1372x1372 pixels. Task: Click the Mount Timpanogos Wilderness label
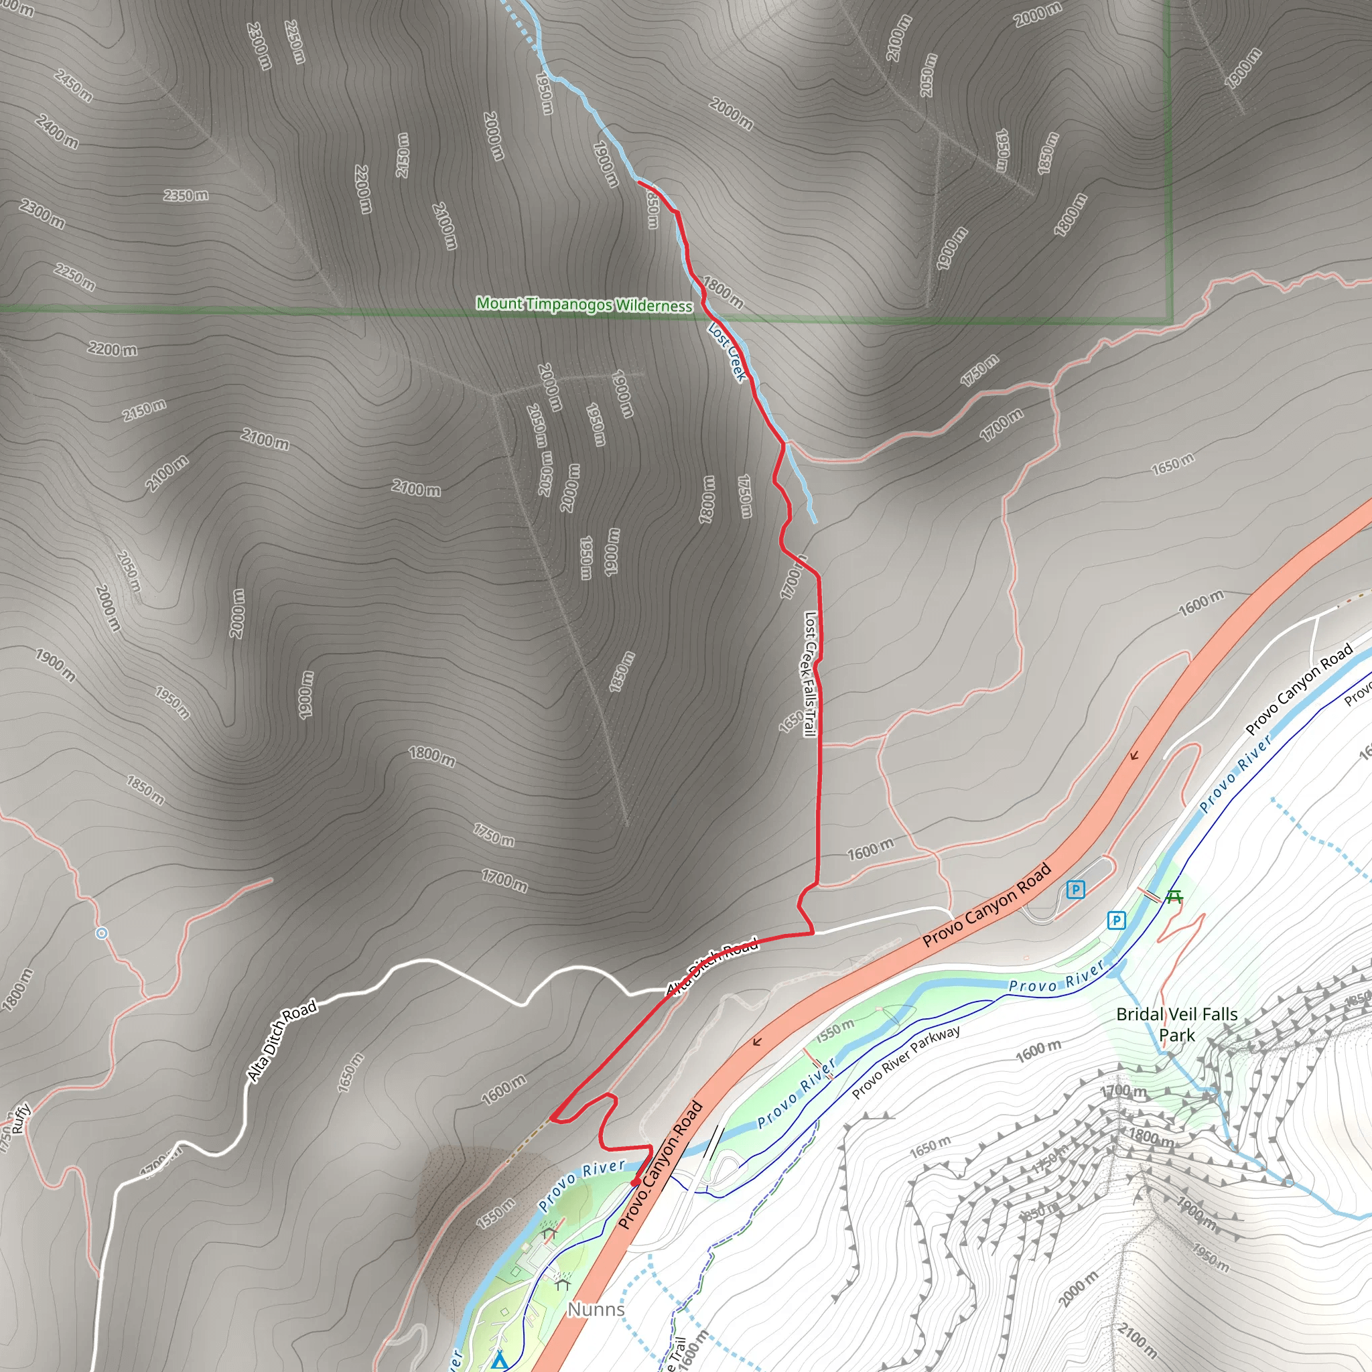(x=584, y=305)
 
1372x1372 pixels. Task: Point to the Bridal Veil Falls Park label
(x=1176, y=1024)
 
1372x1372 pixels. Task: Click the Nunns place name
(x=596, y=1309)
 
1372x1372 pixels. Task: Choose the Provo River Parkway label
(x=906, y=1062)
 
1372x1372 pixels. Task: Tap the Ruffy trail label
(x=21, y=1117)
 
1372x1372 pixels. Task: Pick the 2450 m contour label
(x=73, y=85)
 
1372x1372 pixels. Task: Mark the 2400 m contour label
(x=57, y=131)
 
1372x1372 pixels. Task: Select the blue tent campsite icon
(x=499, y=1360)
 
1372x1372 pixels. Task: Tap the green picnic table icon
(x=1174, y=898)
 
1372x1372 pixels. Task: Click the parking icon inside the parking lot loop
(x=1076, y=889)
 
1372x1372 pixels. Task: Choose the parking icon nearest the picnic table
(x=1116, y=921)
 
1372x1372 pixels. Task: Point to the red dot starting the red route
(x=636, y=1182)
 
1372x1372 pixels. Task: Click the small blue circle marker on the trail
(x=102, y=933)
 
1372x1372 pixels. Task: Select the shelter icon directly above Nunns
(x=563, y=1284)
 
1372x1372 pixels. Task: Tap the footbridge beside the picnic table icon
(x=1150, y=895)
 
